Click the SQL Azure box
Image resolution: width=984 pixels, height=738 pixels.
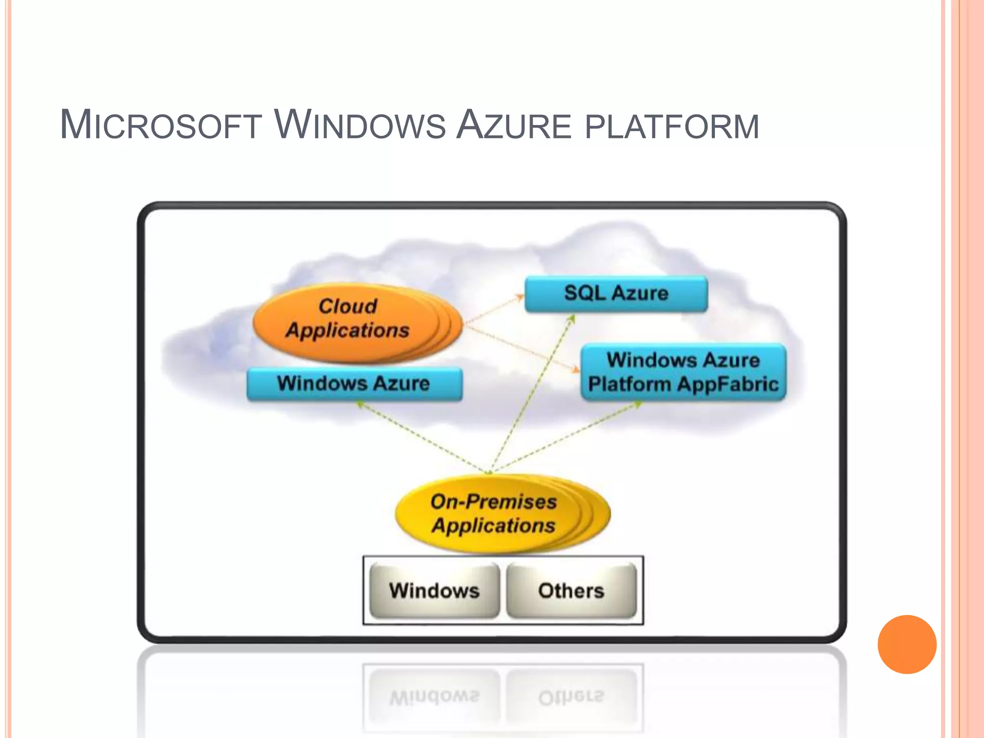(616, 294)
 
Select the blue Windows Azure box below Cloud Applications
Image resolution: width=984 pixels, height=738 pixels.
(354, 383)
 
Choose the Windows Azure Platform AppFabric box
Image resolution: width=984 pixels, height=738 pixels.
(683, 372)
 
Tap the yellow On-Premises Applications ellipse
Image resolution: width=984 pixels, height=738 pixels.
(494, 514)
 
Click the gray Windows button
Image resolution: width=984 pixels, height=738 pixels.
(434, 590)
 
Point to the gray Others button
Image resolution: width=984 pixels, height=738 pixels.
(571, 590)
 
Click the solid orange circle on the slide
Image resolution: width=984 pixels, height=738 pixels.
(907, 644)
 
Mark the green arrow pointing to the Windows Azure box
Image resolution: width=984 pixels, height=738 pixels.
(423, 437)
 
